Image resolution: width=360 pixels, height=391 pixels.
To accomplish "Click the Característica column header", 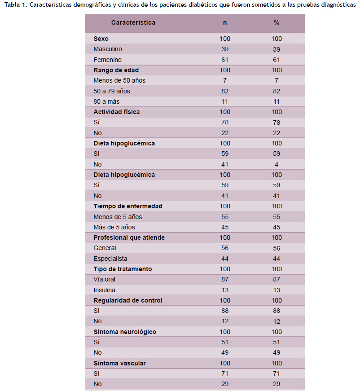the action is click(x=133, y=23).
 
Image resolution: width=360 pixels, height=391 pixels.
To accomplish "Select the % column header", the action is click(x=277, y=23).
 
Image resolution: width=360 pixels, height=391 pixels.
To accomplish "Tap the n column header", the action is click(x=225, y=23).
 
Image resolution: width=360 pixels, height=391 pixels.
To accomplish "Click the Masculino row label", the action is click(x=108, y=49).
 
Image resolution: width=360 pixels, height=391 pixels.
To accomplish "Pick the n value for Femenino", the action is click(x=225, y=60).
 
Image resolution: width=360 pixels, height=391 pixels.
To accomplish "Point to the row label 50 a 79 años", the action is click(x=112, y=91).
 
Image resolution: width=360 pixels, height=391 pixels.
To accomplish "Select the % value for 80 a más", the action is click(x=277, y=102).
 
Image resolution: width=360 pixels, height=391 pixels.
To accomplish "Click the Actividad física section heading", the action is click(x=117, y=112).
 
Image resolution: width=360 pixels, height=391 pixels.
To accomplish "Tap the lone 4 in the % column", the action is click(x=277, y=165).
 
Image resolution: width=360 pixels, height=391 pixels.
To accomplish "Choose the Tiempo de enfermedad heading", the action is click(x=128, y=206).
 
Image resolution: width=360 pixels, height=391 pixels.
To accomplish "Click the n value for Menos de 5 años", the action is click(x=225, y=217).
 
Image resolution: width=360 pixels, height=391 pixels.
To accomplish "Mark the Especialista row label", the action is click(x=110, y=259).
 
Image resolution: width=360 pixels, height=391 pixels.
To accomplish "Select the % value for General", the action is click(x=277, y=248).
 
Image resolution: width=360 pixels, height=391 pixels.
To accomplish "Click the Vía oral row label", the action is click(x=105, y=280).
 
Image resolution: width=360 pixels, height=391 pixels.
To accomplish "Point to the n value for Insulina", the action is click(x=225, y=290).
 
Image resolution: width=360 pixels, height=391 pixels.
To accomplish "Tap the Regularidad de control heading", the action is click(x=128, y=300).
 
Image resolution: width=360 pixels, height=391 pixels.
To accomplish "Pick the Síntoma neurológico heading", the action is click(x=125, y=332).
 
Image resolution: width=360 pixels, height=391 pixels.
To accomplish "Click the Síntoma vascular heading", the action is click(x=120, y=363).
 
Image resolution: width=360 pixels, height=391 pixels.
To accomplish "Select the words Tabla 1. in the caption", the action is click(x=16, y=5).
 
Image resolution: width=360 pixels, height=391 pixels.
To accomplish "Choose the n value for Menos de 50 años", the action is click(x=225, y=80).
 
